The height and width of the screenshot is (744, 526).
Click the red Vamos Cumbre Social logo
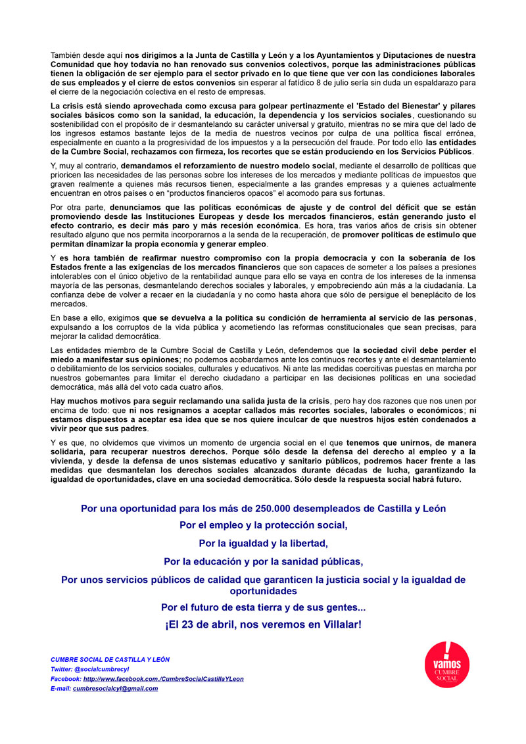(447, 665)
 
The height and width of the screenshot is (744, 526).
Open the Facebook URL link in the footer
(163, 679)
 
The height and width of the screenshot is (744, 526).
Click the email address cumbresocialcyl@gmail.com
(115, 688)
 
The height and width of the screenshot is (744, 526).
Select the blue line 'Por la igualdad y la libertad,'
(263, 544)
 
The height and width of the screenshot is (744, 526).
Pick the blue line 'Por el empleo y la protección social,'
(263, 526)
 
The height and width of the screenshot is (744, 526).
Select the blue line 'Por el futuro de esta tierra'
(263, 607)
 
